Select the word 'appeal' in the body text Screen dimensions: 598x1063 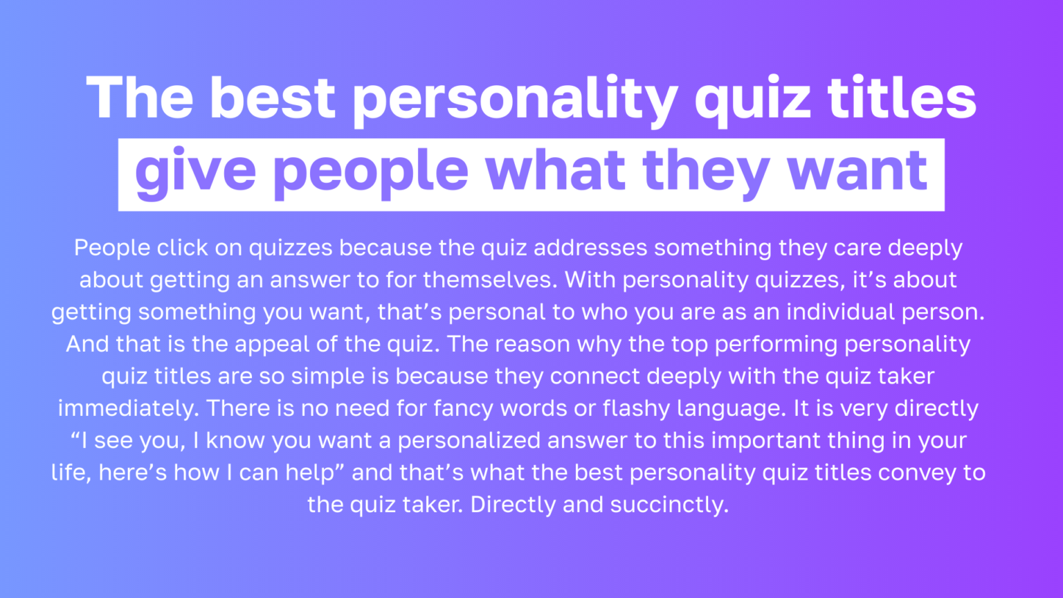pos(270,344)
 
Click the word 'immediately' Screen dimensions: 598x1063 pos(128,408)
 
